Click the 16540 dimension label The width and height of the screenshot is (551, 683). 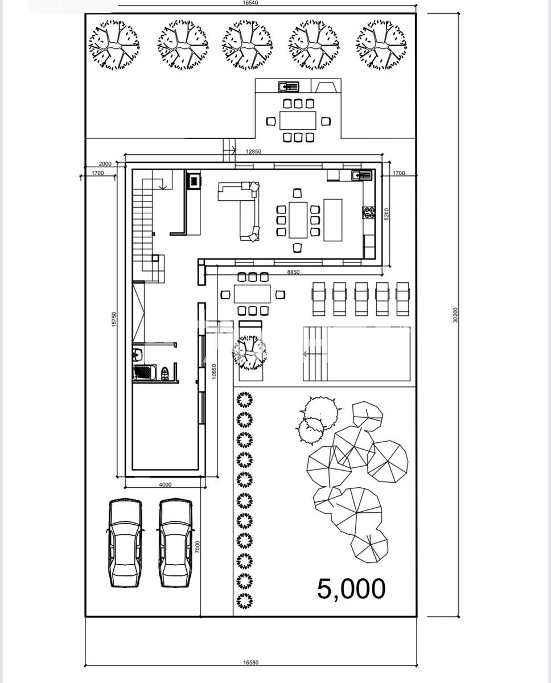(x=250, y=2)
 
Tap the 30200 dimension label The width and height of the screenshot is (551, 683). (x=455, y=315)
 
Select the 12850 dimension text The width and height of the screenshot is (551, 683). (x=253, y=151)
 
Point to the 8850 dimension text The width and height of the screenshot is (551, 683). (x=293, y=272)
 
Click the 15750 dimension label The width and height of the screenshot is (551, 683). (x=114, y=319)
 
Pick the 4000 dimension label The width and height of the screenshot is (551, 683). (x=165, y=484)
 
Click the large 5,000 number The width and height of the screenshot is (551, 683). (x=351, y=589)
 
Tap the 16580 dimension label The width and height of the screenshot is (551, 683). (x=251, y=663)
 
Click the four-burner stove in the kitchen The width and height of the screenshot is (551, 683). (x=369, y=212)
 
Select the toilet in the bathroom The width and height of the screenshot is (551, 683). (x=165, y=373)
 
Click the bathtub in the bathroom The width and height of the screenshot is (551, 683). (x=145, y=373)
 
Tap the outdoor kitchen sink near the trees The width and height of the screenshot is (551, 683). (x=289, y=86)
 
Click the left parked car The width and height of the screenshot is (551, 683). (x=125, y=543)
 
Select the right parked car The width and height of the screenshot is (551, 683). (x=175, y=543)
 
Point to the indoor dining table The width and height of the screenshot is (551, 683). (x=298, y=220)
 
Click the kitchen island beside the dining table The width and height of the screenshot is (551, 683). (x=332, y=220)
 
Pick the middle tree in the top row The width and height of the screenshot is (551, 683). (x=247, y=45)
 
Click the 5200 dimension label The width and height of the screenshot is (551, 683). (x=386, y=214)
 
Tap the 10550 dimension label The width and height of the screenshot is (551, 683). (x=214, y=372)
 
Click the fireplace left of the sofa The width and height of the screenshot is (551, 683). (x=194, y=181)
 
